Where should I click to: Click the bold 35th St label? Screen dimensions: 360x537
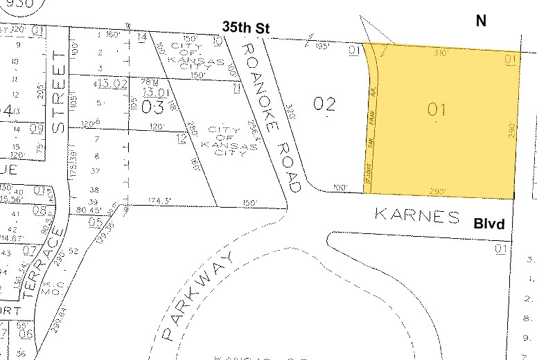coord(245,27)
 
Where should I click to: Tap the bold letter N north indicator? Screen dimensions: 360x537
coord(481,21)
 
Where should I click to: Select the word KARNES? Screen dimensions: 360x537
coord(417,215)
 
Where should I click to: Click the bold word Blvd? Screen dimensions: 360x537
coord(488,224)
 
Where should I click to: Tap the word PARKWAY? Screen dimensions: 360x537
coord(198,295)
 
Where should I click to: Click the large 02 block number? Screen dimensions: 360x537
coord(324,105)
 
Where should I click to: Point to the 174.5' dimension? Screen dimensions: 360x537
coord(159,201)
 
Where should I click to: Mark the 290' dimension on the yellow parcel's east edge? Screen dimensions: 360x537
coord(511,132)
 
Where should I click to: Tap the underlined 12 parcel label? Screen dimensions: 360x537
coord(182,139)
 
